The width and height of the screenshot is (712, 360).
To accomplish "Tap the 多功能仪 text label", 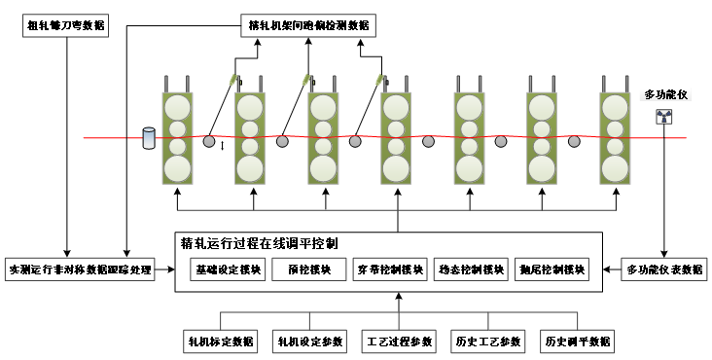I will (665, 94).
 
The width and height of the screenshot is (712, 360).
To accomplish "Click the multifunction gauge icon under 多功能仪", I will (665, 118).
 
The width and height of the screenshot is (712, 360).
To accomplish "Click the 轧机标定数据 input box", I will (221, 342).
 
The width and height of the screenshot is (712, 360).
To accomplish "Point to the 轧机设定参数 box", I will (310, 342).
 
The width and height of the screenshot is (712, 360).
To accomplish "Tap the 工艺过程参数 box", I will (399, 342).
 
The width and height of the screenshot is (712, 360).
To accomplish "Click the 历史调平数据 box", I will (578, 342).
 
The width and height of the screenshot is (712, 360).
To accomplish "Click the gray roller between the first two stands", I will (209, 142).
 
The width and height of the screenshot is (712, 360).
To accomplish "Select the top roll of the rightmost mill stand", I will (615, 106).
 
